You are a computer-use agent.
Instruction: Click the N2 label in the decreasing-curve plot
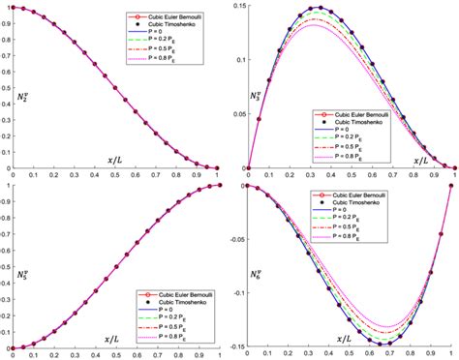click(21, 99)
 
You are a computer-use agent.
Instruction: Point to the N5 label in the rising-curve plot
click(21, 274)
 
